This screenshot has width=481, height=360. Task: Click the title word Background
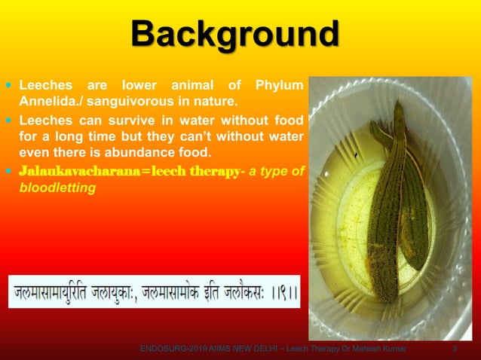pos(234,35)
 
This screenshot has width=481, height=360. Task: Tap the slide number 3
pos(454,348)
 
